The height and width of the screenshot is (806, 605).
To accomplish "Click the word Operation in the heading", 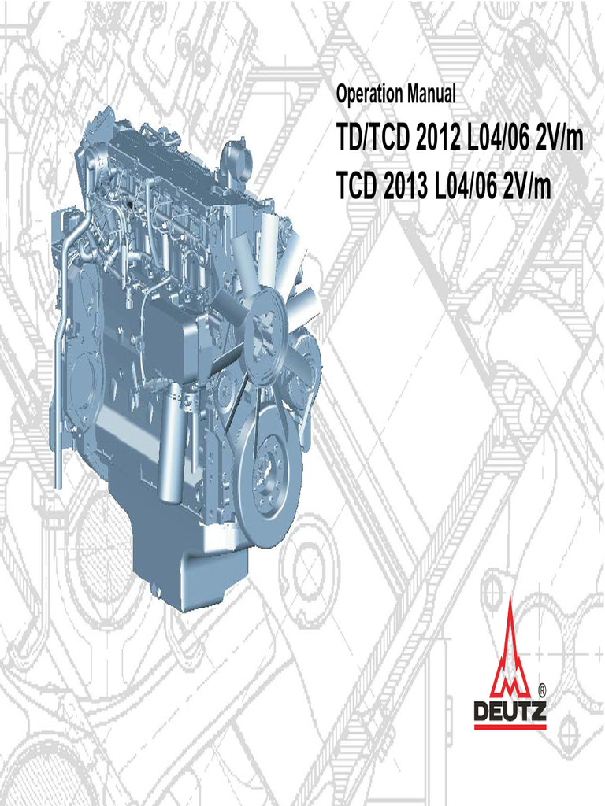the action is [369, 94].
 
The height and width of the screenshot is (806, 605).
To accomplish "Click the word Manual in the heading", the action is [432, 94].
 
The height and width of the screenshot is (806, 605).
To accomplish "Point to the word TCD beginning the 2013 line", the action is [357, 186].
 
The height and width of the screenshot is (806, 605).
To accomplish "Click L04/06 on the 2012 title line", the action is [497, 138].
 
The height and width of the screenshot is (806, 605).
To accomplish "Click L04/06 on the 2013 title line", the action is [465, 186].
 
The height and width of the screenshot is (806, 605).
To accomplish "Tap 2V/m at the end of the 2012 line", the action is [559, 138].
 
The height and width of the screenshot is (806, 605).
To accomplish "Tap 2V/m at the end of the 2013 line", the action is [527, 186].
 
